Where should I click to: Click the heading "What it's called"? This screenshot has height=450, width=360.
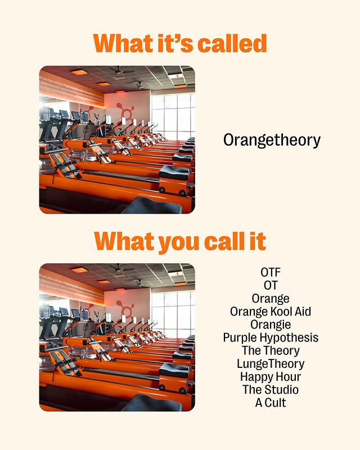tap(180, 43)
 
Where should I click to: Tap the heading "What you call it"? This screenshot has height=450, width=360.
tap(180, 241)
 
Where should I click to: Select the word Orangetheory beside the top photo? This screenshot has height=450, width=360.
tap(272, 140)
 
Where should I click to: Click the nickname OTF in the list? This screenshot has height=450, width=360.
tap(271, 272)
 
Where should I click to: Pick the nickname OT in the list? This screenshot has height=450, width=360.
tap(271, 285)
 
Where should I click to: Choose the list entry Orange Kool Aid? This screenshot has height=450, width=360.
tap(271, 312)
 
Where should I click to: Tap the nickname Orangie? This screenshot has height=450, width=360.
tap(271, 325)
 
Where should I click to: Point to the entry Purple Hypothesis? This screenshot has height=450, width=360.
tap(271, 338)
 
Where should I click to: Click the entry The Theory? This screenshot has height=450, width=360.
tap(271, 350)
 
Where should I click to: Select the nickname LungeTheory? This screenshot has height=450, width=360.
tap(271, 364)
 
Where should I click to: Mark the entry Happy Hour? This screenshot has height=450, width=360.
tap(271, 377)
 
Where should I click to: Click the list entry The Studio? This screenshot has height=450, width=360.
tap(271, 390)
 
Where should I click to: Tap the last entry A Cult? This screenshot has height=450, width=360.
tap(271, 403)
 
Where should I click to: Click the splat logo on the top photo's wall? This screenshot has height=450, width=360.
tap(125, 110)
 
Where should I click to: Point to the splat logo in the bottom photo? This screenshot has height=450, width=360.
tap(125, 308)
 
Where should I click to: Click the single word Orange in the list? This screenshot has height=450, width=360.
tap(271, 299)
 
